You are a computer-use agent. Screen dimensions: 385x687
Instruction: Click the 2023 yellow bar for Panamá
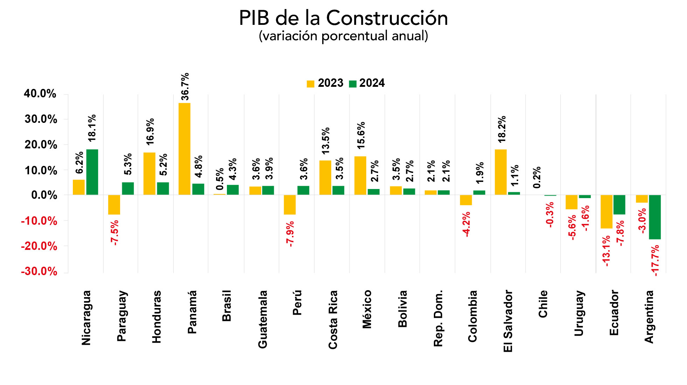coord(185,149)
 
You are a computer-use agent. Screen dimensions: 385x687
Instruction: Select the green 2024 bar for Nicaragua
coord(92,172)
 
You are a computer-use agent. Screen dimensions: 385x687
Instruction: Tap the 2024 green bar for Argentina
coord(655,217)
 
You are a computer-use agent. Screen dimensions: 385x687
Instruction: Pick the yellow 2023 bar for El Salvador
coord(501,172)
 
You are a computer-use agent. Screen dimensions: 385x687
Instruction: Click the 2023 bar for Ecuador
coord(606,211)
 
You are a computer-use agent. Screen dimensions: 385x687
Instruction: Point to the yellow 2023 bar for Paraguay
coord(114,205)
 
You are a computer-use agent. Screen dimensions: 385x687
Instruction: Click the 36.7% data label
coord(185,86)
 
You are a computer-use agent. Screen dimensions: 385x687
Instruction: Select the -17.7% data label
coord(655,260)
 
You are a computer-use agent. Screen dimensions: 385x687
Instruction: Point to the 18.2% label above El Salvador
coord(502,129)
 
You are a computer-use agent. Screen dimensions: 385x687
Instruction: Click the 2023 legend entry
coord(325,83)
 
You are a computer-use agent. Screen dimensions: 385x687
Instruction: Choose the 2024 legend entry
coord(367,83)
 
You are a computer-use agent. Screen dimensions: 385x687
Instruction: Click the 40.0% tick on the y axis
coord(40,94)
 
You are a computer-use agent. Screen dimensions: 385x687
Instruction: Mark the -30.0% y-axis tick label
coord(39,272)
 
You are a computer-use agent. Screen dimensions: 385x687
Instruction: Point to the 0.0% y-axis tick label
coord(44,195)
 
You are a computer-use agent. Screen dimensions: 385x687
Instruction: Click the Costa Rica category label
coord(333,320)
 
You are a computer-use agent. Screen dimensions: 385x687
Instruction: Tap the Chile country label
coord(543,304)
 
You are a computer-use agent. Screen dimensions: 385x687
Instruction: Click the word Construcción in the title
coord(387,18)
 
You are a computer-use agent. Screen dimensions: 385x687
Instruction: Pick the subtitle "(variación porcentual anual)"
coord(343,36)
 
